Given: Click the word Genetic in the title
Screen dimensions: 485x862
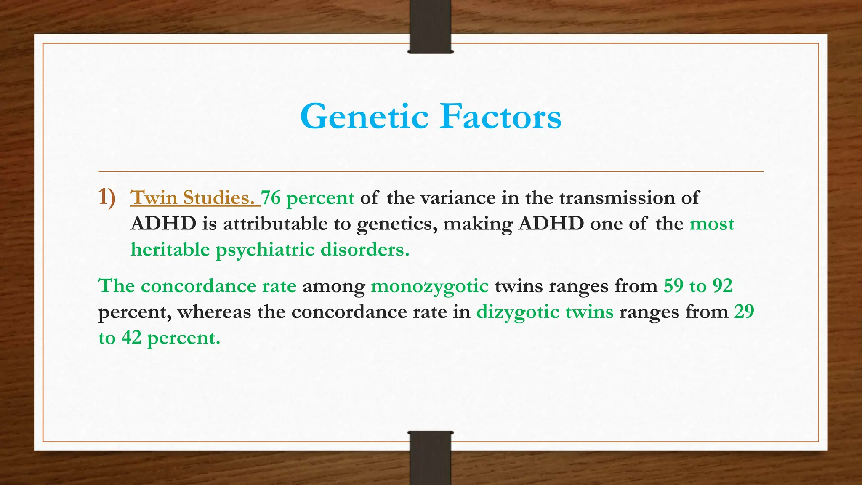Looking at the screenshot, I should (x=364, y=117).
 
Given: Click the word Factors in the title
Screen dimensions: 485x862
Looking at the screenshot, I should (x=500, y=117).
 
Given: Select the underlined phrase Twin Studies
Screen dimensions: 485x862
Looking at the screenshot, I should (x=195, y=198).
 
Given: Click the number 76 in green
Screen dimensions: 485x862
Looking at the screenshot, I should (x=271, y=198).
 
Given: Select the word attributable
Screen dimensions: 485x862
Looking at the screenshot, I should (x=275, y=224).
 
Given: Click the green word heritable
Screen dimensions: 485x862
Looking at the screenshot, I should (x=170, y=249).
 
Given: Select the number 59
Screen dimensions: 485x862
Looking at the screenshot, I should (x=673, y=286).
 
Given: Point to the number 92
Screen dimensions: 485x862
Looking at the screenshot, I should (x=722, y=286).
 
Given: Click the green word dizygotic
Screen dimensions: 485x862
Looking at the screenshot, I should (x=518, y=312).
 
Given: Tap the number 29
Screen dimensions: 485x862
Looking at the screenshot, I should (x=744, y=312).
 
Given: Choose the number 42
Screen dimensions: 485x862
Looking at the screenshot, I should (x=131, y=338).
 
